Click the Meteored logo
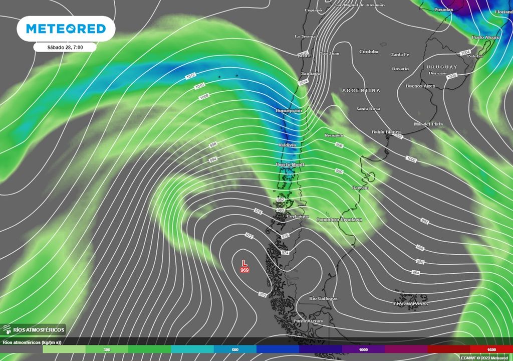coord(66,29)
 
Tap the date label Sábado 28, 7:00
coord(65,47)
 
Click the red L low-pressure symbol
coord(244,263)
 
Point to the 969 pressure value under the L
coord(244,270)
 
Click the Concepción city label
coord(289,110)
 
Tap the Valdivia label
coord(287,145)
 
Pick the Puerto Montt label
coord(290,164)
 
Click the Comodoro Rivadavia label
coord(339,220)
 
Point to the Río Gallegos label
coord(323,298)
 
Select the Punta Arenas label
coord(308,321)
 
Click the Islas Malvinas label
coord(410,303)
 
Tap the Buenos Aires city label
coord(420,86)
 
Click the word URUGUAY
coord(442,67)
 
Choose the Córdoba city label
coord(369,52)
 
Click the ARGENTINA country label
coord(361,90)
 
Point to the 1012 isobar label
coord(190,76)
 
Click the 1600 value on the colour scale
coord(491,349)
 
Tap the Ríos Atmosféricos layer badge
coord(34,329)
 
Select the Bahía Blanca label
coord(386,132)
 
